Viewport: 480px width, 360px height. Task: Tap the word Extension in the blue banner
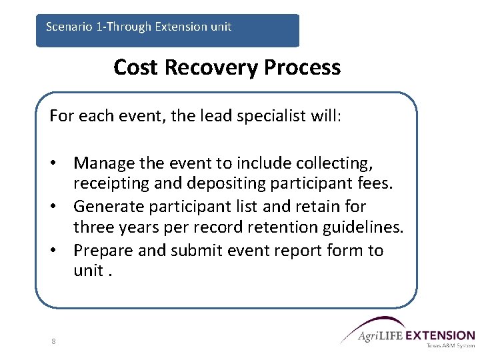pos(181,27)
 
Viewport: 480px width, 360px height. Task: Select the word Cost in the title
pos(135,67)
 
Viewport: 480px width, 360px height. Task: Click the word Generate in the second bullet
pos(109,207)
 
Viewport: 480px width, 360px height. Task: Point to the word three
pos(93,227)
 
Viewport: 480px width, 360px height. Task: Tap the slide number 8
pos(53,341)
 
